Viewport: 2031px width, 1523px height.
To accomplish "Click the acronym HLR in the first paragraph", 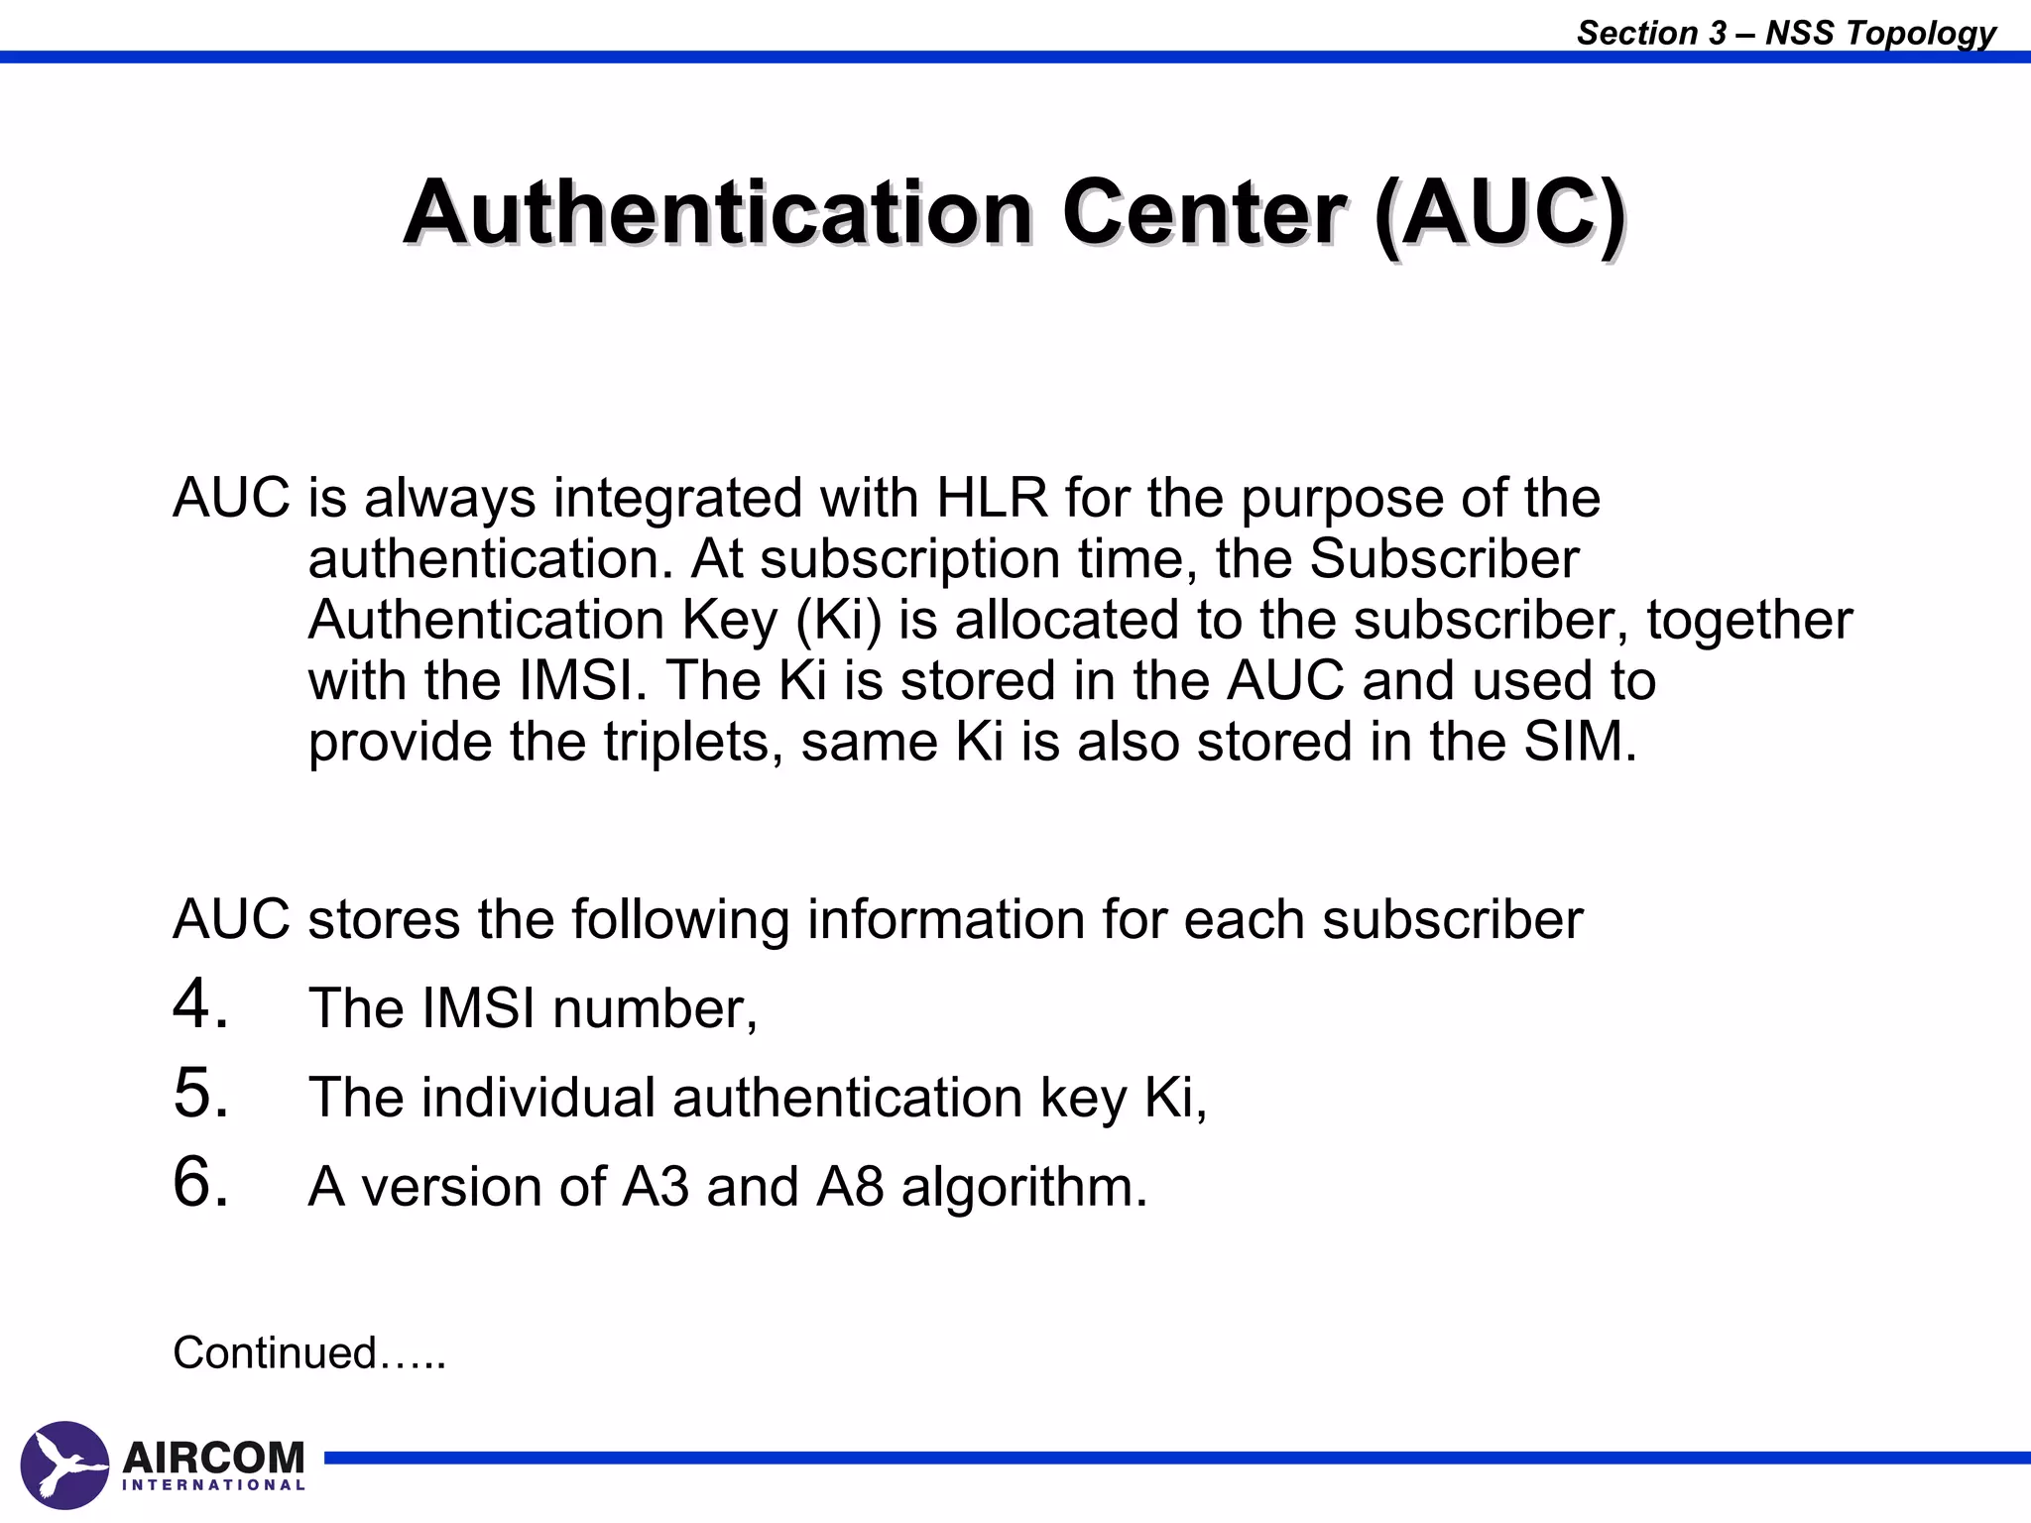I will click(992, 498).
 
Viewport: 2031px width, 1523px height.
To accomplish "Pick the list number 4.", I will click(199, 1004).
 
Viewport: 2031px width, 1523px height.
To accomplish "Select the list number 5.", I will click(199, 1094).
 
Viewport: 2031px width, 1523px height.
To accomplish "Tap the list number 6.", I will click(199, 1183).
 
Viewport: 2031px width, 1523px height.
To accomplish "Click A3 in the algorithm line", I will click(655, 1186).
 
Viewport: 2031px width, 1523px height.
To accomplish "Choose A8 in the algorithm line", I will click(850, 1186).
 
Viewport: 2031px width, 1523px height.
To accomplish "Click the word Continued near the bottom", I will click(275, 1353).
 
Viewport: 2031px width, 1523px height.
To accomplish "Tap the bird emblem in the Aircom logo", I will click(64, 1465).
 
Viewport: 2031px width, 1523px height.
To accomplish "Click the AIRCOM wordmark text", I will click(213, 1457).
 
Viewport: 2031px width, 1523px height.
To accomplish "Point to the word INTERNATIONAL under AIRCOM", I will click(213, 1485).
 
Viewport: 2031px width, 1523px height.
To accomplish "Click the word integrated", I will click(676, 498).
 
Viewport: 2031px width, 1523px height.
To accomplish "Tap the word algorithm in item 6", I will click(1023, 1187).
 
